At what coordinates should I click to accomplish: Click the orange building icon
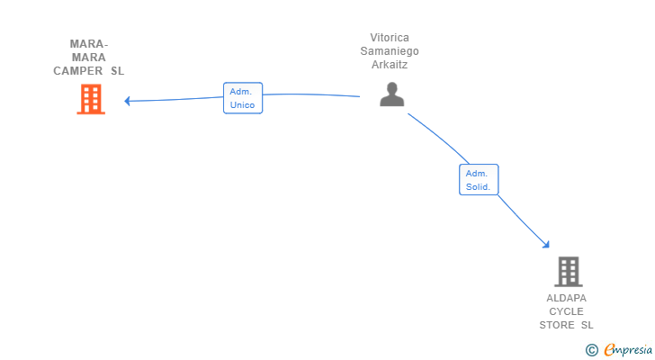click(91, 99)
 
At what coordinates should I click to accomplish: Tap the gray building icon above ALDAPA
click(568, 271)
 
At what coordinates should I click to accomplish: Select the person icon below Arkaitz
click(391, 94)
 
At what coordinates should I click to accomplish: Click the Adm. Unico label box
click(242, 98)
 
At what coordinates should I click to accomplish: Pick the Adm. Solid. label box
click(478, 180)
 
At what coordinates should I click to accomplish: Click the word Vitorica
click(390, 38)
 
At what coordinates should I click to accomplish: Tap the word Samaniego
click(390, 51)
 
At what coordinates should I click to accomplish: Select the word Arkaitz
click(390, 65)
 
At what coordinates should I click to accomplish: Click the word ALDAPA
click(567, 298)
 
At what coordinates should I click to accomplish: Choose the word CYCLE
click(567, 311)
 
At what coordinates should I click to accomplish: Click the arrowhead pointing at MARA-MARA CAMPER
click(128, 101)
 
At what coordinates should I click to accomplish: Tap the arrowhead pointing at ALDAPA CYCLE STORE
click(544, 243)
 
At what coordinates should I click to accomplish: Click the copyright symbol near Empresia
click(591, 350)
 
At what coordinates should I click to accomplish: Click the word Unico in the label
click(242, 105)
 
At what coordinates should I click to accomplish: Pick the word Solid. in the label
click(478, 187)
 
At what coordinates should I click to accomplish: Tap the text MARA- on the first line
click(89, 44)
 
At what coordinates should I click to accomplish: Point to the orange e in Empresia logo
click(609, 350)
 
